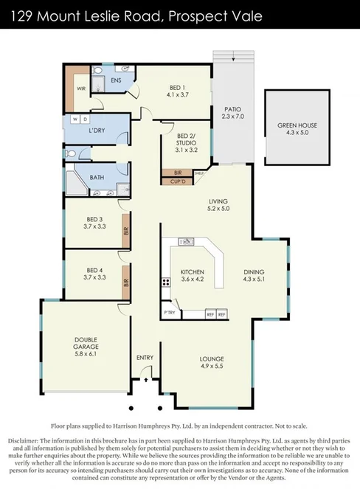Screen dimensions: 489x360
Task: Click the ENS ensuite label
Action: (116, 80)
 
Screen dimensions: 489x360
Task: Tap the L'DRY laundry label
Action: (96, 131)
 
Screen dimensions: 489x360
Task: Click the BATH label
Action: (97, 178)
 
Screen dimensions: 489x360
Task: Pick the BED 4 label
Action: (94, 274)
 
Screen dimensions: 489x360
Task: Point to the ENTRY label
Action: (145, 358)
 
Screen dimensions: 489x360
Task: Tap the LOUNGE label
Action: (210, 361)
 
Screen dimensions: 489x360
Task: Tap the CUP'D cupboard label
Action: (177, 181)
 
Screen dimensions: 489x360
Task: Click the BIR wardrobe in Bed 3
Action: (126, 231)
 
